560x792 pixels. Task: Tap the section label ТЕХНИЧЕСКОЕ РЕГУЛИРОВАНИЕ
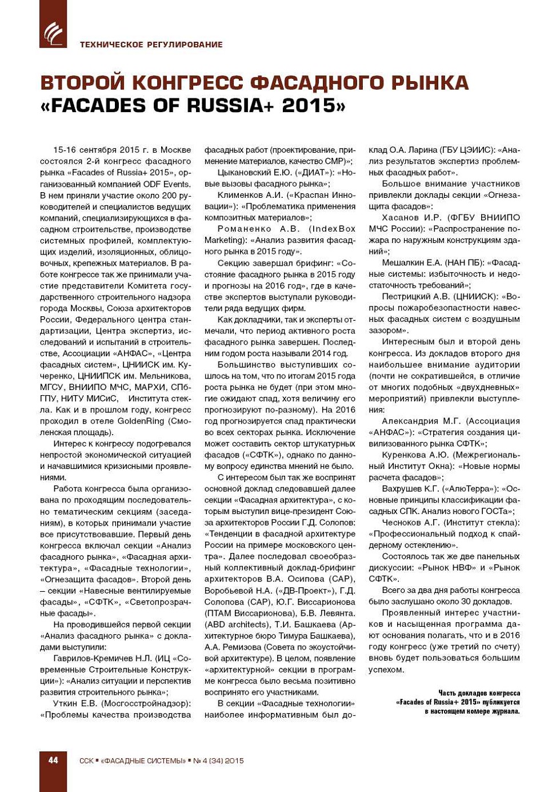coord(151,45)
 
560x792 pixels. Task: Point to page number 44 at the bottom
coord(53,760)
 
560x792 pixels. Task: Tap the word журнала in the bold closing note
coord(505,711)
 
